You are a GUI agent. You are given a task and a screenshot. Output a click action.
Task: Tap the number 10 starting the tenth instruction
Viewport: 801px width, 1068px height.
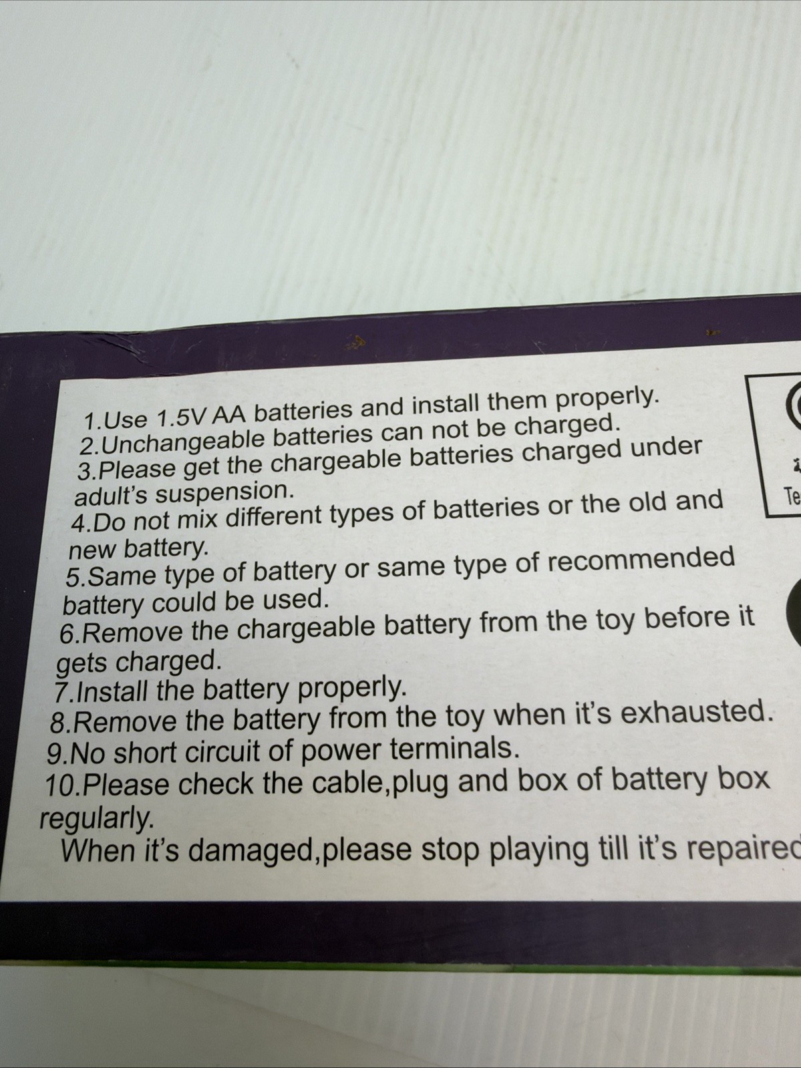coord(59,785)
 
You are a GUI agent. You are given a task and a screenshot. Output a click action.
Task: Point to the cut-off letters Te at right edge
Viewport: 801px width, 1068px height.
coord(793,496)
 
